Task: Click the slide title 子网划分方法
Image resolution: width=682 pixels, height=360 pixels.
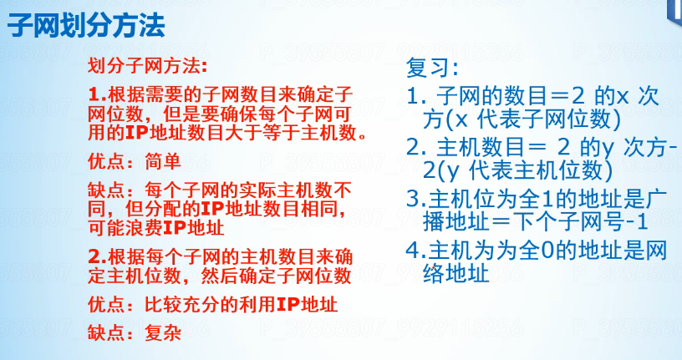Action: pos(86,25)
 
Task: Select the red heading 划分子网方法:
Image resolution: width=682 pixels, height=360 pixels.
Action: pos(148,66)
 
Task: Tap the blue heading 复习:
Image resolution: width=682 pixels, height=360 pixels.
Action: pos(432,68)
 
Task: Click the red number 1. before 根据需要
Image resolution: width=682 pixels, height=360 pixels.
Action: pos(98,94)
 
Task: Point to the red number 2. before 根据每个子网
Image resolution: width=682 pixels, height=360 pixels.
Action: pos(98,256)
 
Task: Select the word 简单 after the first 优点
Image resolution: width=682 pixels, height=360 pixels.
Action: pos(163,161)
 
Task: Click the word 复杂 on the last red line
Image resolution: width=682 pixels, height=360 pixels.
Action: pos(163,333)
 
